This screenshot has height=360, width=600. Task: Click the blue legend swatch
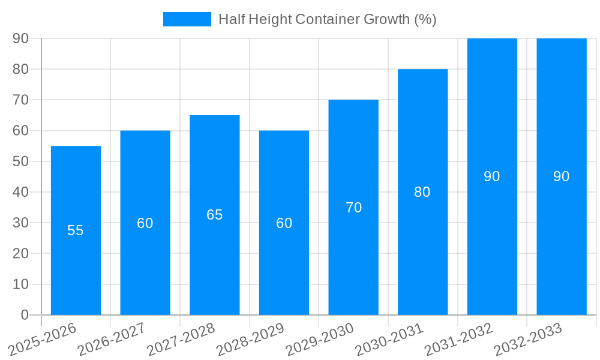[187, 19]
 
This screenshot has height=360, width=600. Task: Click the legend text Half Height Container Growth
[327, 19]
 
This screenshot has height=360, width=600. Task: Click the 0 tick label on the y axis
[25, 315]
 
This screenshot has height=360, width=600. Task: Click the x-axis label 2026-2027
[112, 338]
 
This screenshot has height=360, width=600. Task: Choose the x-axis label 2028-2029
[250, 338]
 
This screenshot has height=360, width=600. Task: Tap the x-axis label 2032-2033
[528, 338]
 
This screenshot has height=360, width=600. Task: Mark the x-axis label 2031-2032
[458, 338]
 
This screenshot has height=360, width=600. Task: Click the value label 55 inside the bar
[76, 230]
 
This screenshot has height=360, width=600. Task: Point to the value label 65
[215, 215]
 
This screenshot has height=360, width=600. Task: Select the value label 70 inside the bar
[353, 208]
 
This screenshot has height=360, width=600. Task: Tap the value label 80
[422, 192]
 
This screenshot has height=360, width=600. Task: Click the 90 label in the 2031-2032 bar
[492, 176]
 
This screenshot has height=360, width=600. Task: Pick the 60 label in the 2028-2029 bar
[284, 223]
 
